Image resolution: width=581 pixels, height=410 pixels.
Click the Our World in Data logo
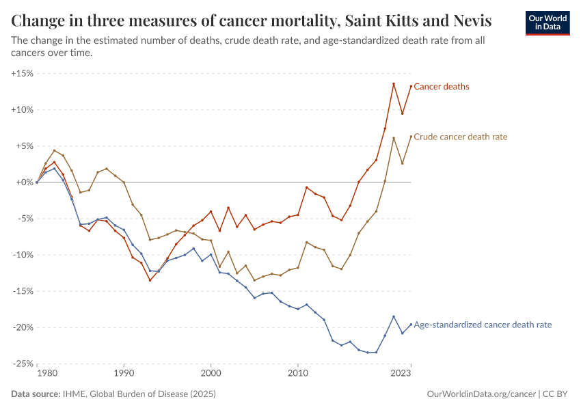point(547,23)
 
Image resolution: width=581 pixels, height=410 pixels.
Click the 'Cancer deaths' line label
point(442,87)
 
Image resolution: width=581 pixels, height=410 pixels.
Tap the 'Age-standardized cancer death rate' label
point(483,325)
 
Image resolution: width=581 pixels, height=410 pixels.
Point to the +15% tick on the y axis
point(23,73)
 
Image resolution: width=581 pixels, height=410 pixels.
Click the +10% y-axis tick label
point(23,109)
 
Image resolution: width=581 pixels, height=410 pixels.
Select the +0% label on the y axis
point(25,182)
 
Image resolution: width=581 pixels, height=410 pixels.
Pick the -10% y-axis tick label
point(24,255)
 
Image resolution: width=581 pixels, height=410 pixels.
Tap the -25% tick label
point(24,364)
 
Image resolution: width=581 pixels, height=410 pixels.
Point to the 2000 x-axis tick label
point(211,374)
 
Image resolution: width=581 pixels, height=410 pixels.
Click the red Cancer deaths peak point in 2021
point(394,84)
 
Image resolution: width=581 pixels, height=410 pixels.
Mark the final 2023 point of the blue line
point(411,325)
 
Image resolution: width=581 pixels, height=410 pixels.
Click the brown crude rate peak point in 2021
point(394,138)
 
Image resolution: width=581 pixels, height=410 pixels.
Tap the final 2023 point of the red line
point(411,86)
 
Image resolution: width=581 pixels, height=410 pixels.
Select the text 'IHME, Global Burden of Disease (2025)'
point(139,394)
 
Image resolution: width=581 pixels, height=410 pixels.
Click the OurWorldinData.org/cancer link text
point(481,394)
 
